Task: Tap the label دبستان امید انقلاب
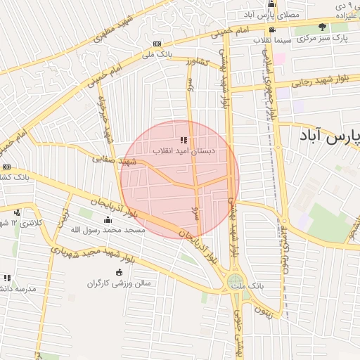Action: (x=184, y=151)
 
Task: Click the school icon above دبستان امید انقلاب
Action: (x=184, y=141)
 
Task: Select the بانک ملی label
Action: (x=157, y=53)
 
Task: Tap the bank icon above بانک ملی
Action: (x=157, y=44)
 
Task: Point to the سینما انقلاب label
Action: (x=273, y=40)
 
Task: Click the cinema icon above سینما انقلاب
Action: (x=272, y=30)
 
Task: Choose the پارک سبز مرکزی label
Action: (x=323, y=38)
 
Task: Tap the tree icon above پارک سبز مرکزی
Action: (x=323, y=27)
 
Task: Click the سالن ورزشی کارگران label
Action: (x=118, y=283)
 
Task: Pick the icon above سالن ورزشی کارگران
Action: (x=118, y=273)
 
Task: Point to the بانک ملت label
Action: (x=250, y=288)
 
